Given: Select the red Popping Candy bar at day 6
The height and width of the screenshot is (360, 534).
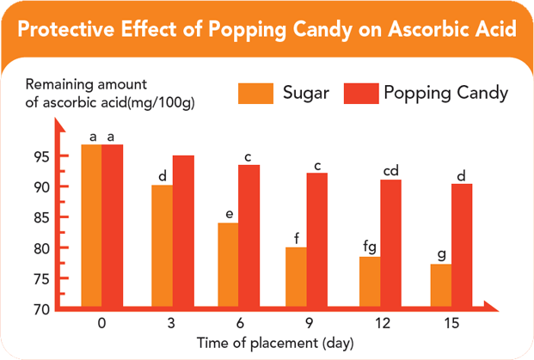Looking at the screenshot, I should tap(249, 235).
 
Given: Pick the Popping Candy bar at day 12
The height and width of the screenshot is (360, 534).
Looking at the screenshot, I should tap(391, 243).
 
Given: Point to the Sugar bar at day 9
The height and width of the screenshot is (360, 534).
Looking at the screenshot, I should tap(297, 277).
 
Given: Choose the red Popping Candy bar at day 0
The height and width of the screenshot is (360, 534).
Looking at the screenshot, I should tap(112, 225).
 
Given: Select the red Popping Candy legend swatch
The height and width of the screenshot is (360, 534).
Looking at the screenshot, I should tap(361, 93).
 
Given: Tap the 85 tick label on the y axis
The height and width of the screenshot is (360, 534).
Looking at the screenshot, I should tap(43, 217).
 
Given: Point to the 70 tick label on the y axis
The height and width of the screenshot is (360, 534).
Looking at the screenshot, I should tap(43, 309).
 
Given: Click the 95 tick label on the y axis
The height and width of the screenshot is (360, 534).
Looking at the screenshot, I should tap(43, 156).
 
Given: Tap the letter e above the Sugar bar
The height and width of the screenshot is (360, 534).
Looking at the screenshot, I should tap(229, 213).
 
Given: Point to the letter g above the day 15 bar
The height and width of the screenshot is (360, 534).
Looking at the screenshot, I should tap(441, 254).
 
